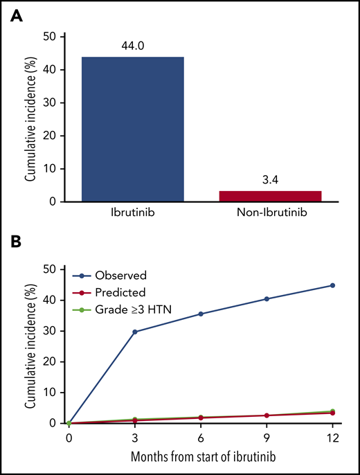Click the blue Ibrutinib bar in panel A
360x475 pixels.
point(132,129)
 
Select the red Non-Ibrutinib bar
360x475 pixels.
point(269,196)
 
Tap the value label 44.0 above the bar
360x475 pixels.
point(132,46)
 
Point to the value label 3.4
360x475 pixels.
point(269,181)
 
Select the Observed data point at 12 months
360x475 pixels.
point(332,285)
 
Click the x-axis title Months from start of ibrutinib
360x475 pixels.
point(201,457)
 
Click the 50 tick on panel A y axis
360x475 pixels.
point(52,36)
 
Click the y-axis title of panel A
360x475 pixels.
point(30,119)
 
